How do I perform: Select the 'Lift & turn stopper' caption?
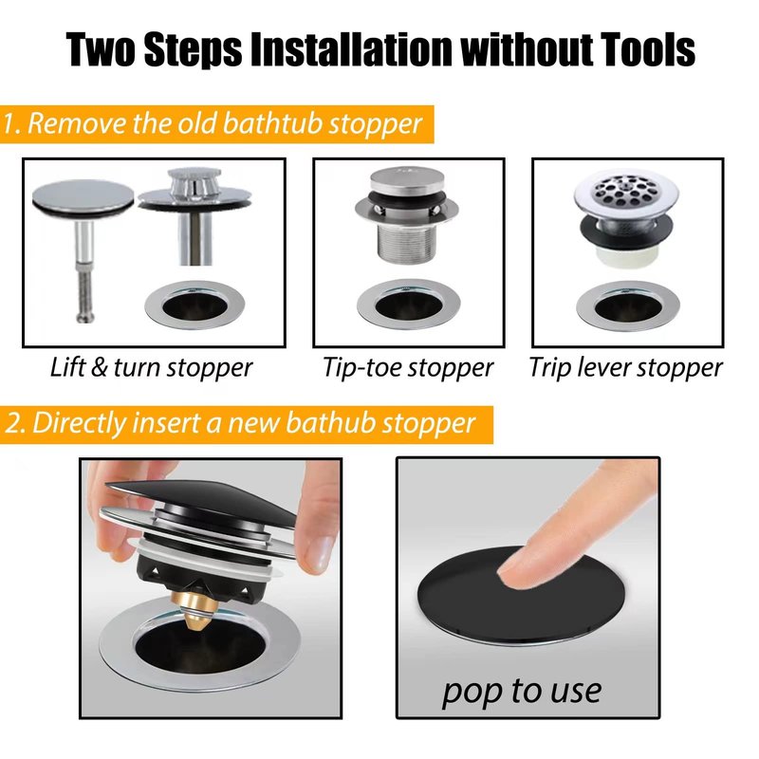point(151,368)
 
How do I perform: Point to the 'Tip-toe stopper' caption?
point(408,368)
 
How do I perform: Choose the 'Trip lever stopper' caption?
point(626,368)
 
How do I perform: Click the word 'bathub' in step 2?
point(330,423)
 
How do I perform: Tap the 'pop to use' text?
point(522,692)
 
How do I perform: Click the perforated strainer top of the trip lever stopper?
point(625,193)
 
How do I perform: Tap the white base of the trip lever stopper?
point(625,254)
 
